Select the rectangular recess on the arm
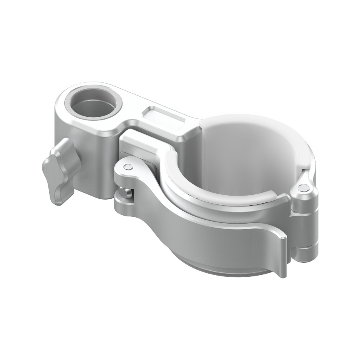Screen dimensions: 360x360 164,116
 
